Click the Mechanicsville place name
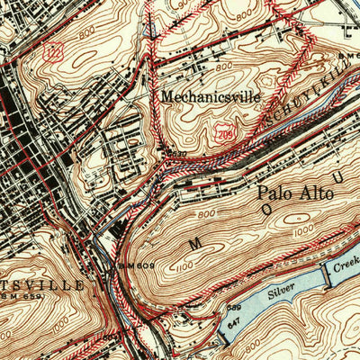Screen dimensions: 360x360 [x=211, y=95]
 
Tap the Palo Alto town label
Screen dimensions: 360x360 [x=294, y=193]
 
